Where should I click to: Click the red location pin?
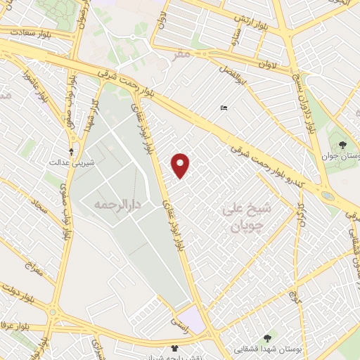click(x=181, y=165)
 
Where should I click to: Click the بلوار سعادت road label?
click(x=22, y=32)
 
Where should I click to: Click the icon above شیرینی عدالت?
click(x=70, y=150)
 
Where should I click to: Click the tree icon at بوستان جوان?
click(x=342, y=146)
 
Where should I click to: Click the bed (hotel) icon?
click(x=224, y=108)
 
